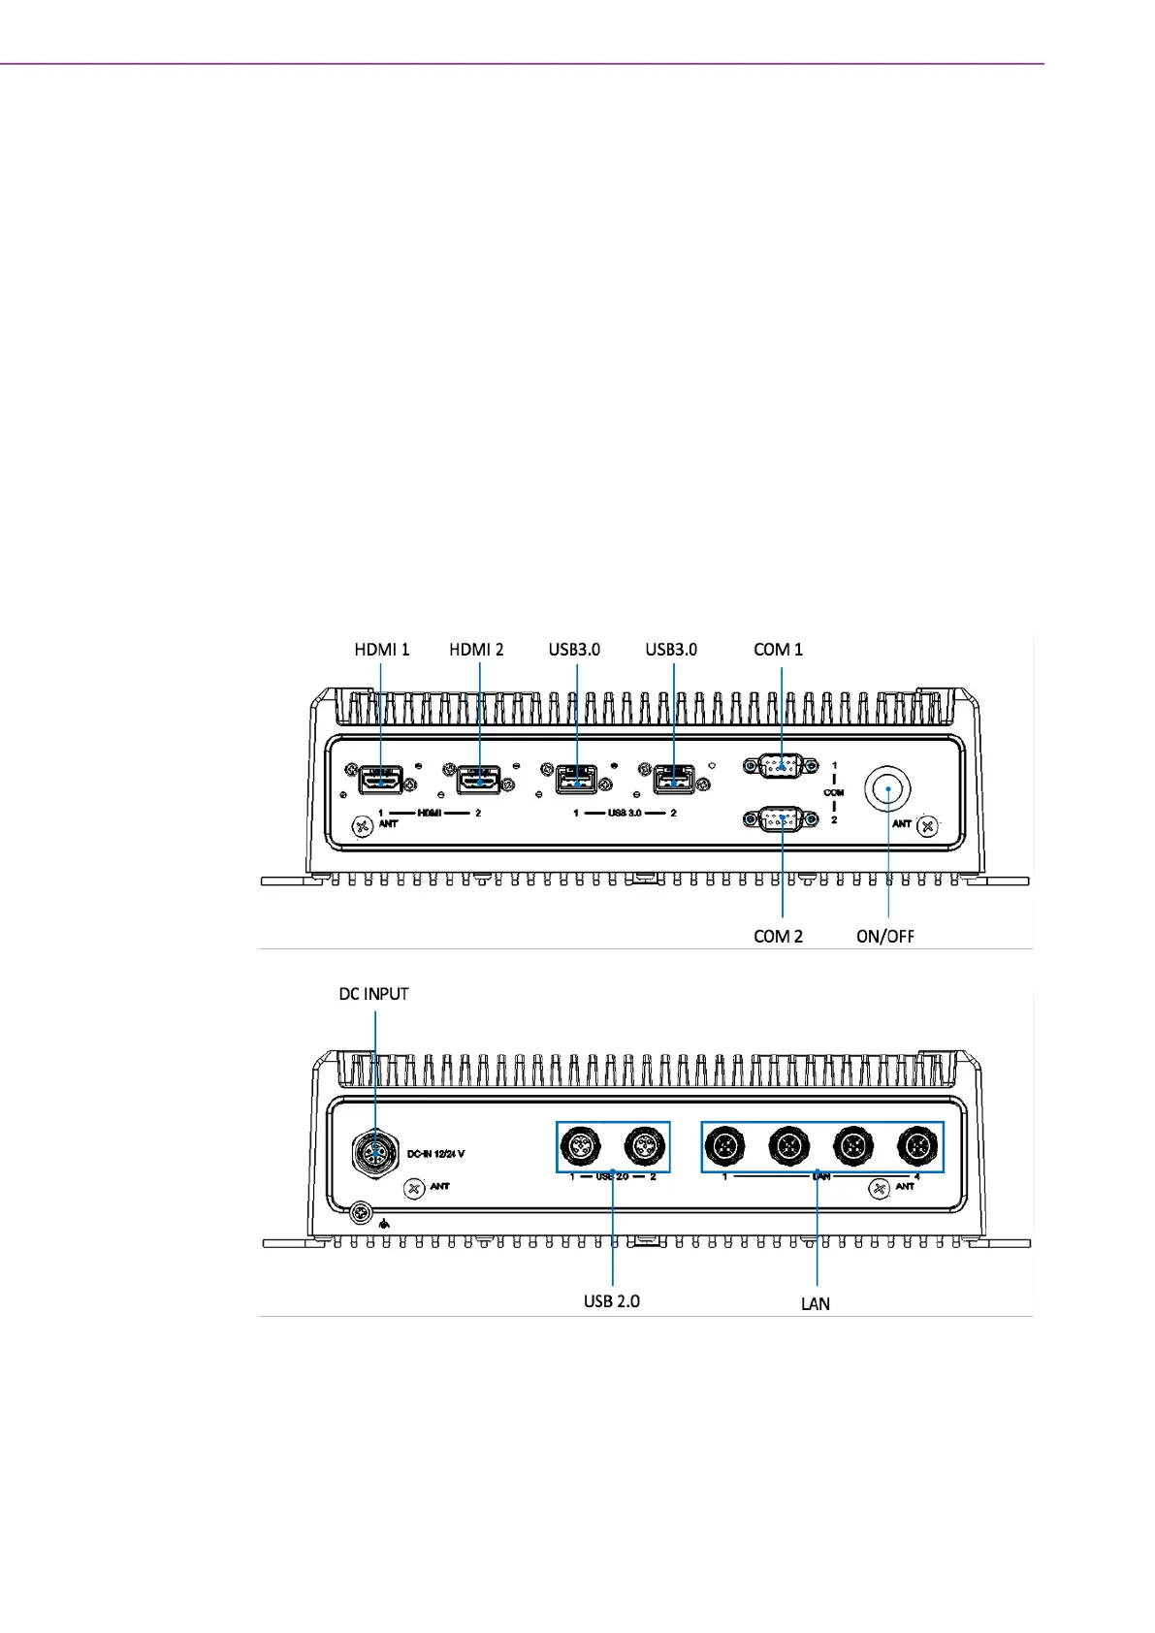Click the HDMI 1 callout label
click(x=381, y=650)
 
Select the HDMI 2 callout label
click(x=476, y=650)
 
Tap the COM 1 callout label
click(x=778, y=650)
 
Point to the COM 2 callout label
click(x=778, y=936)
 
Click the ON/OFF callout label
click(x=884, y=936)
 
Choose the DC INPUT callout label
click(x=373, y=994)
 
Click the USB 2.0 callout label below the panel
click(x=611, y=1301)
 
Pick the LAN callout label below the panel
click(x=815, y=1304)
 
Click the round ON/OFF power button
click(x=888, y=790)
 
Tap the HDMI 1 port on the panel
click(x=381, y=779)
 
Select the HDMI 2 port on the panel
click(x=478, y=779)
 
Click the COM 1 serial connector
click(x=781, y=766)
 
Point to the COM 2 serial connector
click(x=781, y=820)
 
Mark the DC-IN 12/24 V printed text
click(x=435, y=1155)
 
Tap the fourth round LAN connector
click(x=916, y=1147)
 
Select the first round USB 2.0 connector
click(x=581, y=1147)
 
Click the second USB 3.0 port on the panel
click(x=674, y=779)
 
